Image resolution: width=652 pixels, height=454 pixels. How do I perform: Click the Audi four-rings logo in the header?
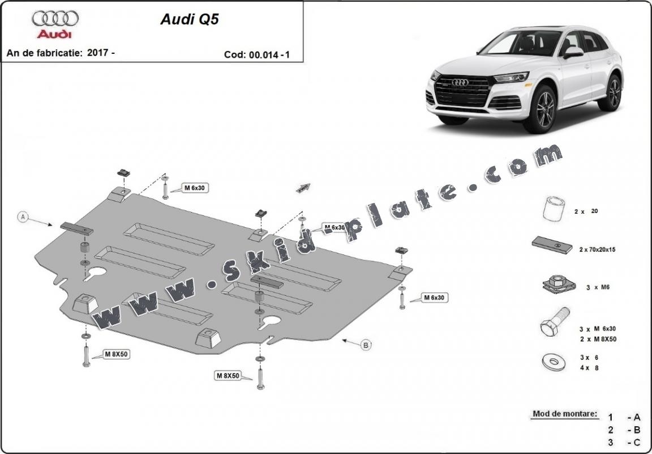click(x=55, y=19)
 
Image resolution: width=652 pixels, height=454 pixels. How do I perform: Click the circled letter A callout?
click(x=23, y=217)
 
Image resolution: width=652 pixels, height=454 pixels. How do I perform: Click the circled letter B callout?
click(x=366, y=344)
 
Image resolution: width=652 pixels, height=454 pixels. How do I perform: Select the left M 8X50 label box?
click(x=115, y=355)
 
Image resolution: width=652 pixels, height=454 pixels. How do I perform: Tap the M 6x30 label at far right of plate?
click(x=434, y=298)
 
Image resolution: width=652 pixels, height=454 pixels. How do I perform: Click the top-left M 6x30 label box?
click(x=194, y=188)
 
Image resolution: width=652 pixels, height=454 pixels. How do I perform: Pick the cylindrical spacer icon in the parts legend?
click(x=553, y=209)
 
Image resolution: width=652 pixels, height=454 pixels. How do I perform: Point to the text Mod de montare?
click(x=564, y=414)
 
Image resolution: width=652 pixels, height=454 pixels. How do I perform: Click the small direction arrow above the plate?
click(x=304, y=188)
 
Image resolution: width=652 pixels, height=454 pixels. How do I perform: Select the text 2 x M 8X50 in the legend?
click(x=598, y=339)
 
